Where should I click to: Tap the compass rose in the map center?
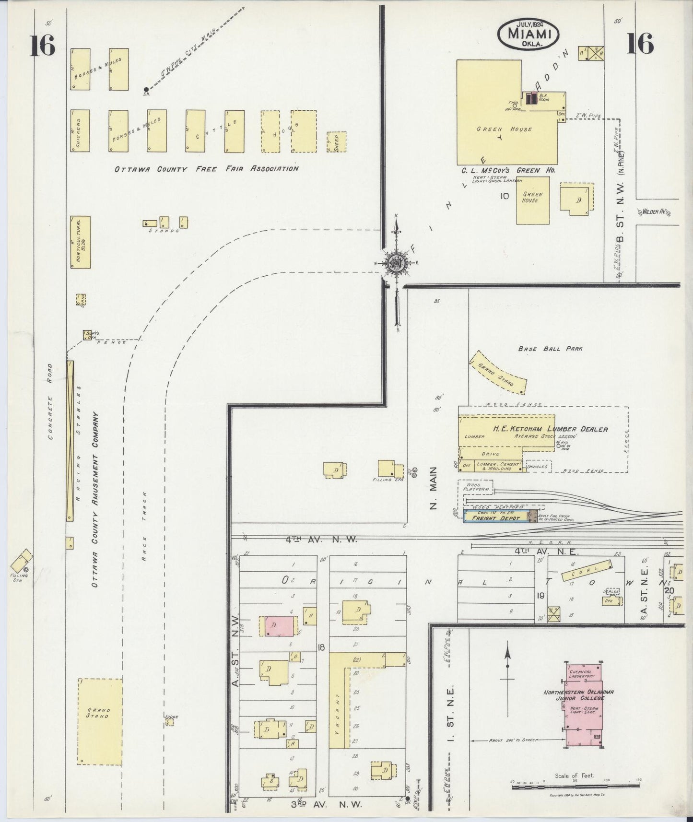(x=397, y=263)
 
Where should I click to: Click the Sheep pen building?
(x=337, y=142)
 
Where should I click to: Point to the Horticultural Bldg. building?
(x=80, y=241)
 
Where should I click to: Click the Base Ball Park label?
(x=550, y=349)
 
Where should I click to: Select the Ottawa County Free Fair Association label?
(x=206, y=169)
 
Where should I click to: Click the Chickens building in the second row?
(x=80, y=131)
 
